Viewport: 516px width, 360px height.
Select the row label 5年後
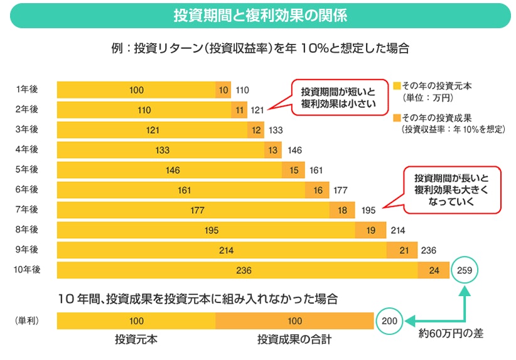27,169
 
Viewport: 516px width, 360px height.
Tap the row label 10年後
27,270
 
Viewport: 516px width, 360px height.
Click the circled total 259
465,270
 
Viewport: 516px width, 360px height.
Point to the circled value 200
389,321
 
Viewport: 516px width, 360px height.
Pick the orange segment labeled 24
433,270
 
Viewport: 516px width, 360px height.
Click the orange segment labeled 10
223,90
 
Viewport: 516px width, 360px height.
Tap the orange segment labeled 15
294,170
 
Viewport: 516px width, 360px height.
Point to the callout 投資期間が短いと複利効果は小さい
337,97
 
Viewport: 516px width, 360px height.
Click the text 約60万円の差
451,334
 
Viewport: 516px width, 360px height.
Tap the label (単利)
27,321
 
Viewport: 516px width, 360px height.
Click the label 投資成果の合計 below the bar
294,339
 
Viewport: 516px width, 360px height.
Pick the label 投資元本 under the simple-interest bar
136,339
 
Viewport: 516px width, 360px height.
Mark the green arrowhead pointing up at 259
465,291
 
